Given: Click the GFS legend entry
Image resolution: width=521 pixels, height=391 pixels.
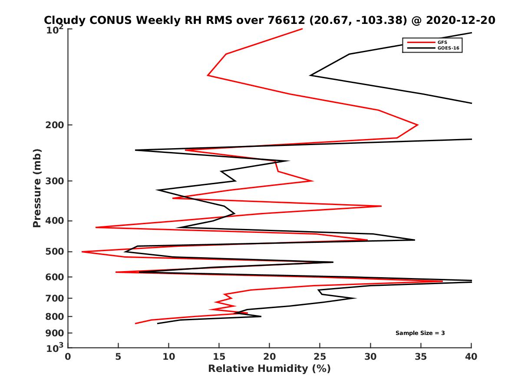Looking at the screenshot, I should click(443, 42).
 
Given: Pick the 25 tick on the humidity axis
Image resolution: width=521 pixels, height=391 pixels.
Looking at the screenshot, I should click(320, 357).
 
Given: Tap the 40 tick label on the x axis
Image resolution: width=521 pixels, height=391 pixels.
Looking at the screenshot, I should click(471, 357).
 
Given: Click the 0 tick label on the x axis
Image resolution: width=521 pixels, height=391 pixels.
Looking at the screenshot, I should click(68, 357).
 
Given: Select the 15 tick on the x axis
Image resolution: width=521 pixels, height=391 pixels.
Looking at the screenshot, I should click(219, 357).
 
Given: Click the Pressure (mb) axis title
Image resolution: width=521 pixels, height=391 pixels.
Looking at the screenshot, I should click(37, 188).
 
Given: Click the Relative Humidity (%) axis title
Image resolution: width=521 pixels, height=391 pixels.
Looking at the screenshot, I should click(269, 369).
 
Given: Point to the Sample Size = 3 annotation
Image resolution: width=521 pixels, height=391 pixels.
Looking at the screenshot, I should click(420, 333).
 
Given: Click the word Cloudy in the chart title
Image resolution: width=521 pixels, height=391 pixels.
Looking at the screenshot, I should click(63, 20).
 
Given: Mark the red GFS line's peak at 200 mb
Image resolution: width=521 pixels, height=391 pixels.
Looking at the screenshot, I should click(418, 125).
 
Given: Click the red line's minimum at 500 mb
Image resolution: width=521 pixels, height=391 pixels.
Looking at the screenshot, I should click(82, 252).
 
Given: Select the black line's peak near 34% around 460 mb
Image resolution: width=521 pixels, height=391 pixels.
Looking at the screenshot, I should click(415, 240).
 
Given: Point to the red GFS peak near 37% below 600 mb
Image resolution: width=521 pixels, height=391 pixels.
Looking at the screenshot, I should click(442, 281).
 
